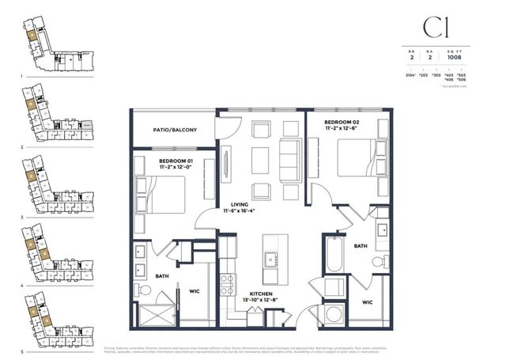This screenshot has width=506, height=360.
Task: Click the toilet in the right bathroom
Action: (x=379, y=262)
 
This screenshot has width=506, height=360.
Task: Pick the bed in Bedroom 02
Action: (x=359, y=157)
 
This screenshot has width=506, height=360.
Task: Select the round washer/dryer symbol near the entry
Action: (x=332, y=313)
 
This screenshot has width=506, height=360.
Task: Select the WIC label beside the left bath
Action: (x=194, y=290)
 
